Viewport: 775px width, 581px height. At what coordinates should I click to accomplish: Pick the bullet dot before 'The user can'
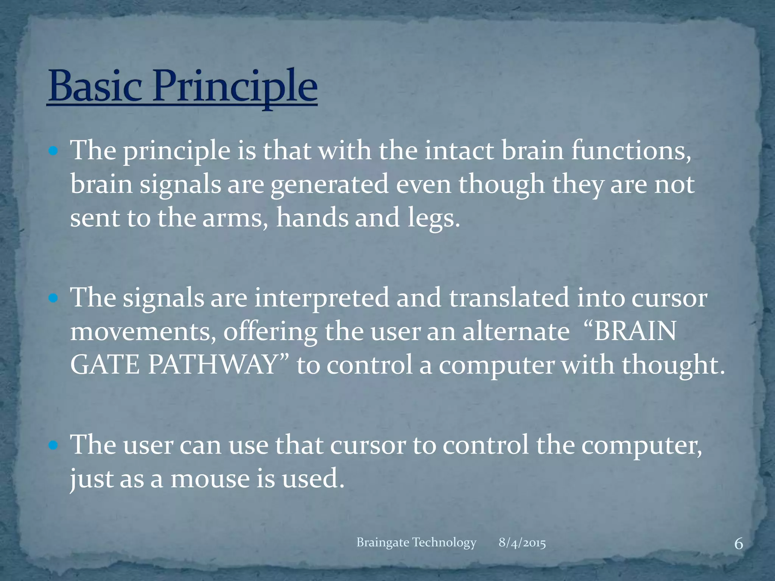pyautogui.click(x=53, y=446)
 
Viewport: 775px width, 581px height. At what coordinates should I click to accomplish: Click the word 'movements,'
pyautogui.click(x=143, y=331)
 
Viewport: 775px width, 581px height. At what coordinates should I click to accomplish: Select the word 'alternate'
pyautogui.click(x=516, y=331)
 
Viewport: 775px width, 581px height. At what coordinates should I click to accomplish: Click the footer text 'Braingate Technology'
pyautogui.click(x=416, y=542)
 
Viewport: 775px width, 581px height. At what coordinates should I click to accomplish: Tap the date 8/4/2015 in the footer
pyautogui.click(x=522, y=543)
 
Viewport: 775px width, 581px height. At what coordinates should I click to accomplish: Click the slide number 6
pyautogui.click(x=738, y=544)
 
